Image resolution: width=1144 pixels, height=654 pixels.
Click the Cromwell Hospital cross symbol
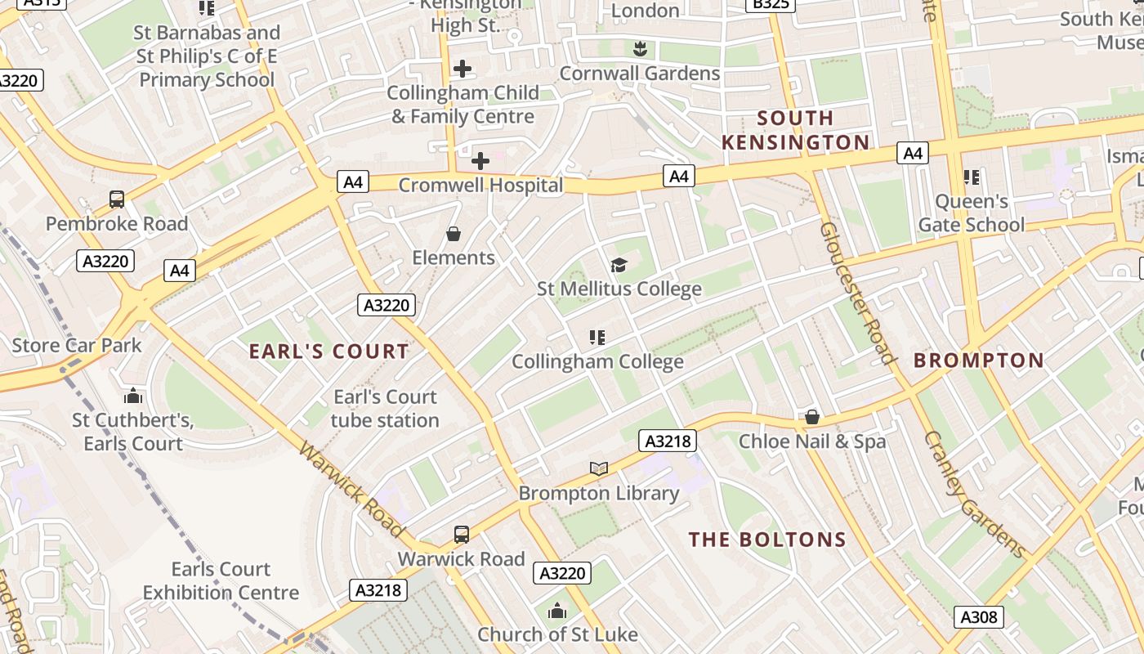[480, 161]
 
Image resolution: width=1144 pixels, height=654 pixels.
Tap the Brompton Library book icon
[599, 468]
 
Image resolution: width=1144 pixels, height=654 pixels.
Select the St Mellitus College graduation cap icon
[619, 265]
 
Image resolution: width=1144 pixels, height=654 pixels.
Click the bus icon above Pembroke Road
[117, 199]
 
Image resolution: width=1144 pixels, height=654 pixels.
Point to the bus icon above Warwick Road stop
[462, 535]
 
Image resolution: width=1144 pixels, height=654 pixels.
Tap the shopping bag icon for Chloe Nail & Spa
[811, 417]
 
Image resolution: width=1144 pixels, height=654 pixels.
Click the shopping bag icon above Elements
[454, 234]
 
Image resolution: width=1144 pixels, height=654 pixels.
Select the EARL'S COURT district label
[328, 352]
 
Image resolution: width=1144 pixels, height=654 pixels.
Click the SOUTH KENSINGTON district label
[795, 130]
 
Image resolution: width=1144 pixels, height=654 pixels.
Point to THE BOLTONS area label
[766, 540]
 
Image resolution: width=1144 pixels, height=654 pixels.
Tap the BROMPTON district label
[978, 361]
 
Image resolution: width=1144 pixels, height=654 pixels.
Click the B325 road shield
[770, 4]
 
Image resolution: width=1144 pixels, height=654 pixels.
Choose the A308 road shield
[978, 617]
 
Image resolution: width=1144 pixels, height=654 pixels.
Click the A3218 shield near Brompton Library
[668, 441]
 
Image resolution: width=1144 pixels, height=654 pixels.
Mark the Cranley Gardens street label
[974, 494]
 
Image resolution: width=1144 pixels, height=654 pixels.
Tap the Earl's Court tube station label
[385, 409]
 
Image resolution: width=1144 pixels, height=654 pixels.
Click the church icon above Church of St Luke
[557, 611]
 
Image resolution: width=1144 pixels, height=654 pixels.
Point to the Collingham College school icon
[597, 337]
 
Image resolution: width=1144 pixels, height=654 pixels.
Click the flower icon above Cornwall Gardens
[640, 48]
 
